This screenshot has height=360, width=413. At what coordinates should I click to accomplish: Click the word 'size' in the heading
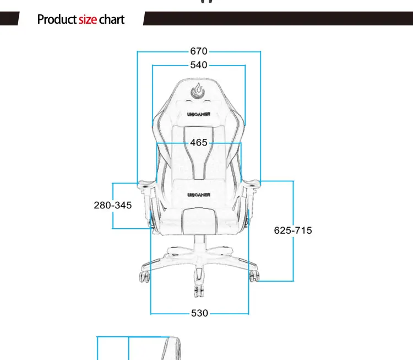point(88,20)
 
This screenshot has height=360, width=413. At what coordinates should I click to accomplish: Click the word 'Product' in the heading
point(57,20)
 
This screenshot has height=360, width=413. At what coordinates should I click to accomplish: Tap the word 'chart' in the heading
point(112,20)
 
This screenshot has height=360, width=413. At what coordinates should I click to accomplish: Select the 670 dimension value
point(199,51)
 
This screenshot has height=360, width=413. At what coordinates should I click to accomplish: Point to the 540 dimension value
point(199,65)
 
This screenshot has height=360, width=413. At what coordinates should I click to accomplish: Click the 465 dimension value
point(199,143)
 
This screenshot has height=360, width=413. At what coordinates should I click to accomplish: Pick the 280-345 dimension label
point(113,205)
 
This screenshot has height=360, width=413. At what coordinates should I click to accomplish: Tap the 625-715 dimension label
point(293,230)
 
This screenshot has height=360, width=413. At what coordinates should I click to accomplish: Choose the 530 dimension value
point(199,313)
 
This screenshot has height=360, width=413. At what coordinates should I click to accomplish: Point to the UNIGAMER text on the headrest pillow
point(198,117)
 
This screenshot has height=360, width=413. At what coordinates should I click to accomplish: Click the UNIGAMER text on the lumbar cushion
point(198,195)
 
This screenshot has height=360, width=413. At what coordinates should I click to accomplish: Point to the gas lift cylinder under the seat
point(198,241)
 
